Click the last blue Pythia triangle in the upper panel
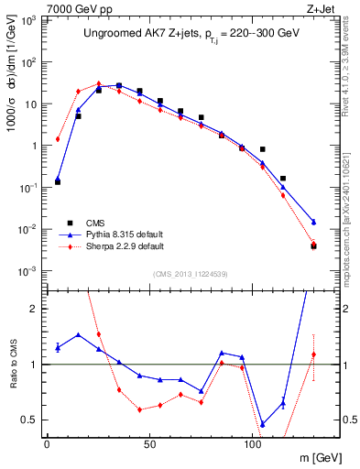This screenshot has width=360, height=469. pos(313,222)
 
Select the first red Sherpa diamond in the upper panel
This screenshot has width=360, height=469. pos(58,139)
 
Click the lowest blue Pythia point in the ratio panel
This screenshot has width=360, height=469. pos(263,424)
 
